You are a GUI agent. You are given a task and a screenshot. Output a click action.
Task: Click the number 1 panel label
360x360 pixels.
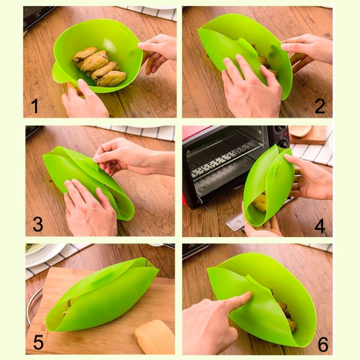click(35, 105)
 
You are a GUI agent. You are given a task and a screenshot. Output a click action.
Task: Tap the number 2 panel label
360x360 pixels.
click(319, 106)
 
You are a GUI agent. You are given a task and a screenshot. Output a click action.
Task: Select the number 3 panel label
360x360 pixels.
click(37, 224)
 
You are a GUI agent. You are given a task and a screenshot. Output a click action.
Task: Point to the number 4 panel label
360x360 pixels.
click(320, 225)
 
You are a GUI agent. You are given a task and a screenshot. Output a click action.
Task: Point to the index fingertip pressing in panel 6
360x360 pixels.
click(247, 298)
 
